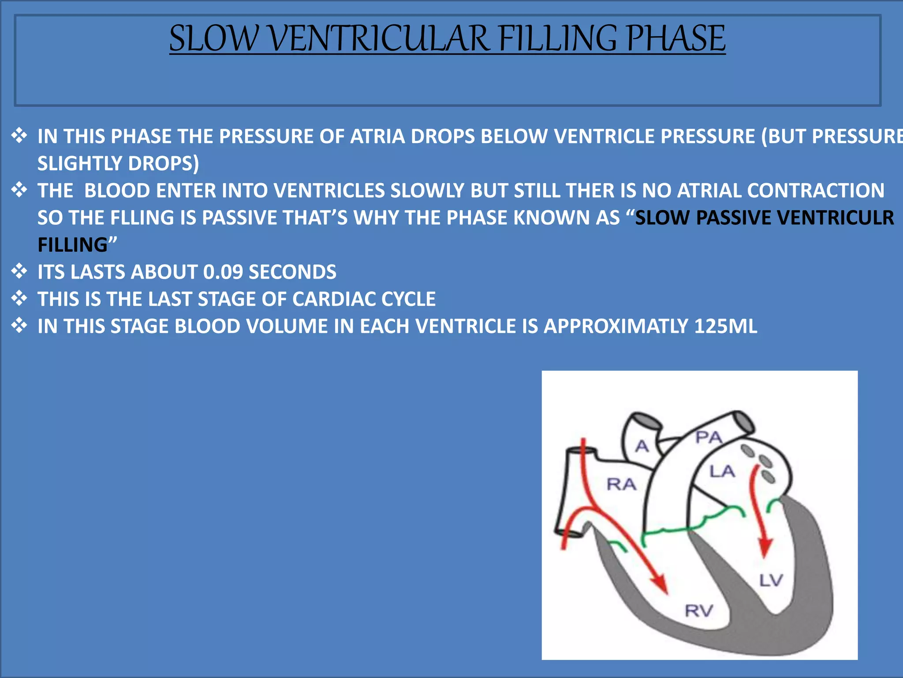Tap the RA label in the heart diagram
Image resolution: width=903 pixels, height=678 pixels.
coord(622,484)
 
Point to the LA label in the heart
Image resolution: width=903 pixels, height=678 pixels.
coord(722,471)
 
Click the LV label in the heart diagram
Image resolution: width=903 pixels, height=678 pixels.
coord(771,580)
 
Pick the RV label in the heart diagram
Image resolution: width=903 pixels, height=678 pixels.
coord(699,611)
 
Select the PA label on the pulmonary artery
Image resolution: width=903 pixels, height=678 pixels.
coord(709,437)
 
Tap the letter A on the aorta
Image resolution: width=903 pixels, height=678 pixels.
coord(642,446)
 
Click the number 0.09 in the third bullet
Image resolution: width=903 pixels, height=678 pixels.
coord(223,272)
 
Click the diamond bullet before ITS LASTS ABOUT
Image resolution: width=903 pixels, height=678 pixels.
coord(19,271)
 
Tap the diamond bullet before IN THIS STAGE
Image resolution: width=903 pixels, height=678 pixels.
coord(19,325)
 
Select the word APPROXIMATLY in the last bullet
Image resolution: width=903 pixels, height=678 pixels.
coord(616,326)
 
